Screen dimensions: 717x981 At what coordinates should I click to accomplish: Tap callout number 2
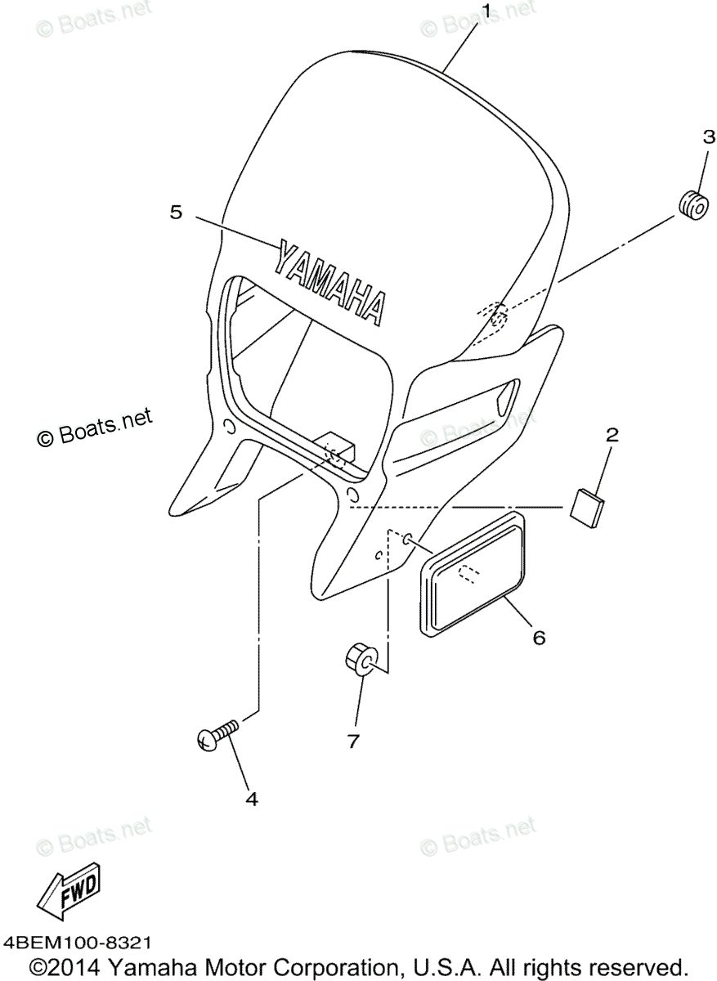click(611, 435)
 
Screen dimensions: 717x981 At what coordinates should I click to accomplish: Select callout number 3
click(709, 137)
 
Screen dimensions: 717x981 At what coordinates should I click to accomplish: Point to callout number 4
click(251, 799)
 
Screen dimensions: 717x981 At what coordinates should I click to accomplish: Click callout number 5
click(176, 212)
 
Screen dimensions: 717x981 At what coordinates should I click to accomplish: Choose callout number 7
click(353, 741)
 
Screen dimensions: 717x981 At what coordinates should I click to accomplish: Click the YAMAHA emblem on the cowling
click(330, 282)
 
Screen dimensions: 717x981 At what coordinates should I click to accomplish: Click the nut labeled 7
click(361, 659)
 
